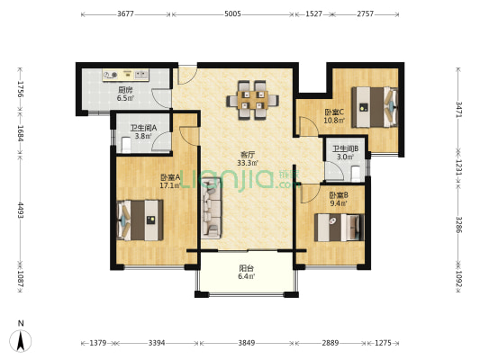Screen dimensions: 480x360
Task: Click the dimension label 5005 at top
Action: click(x=232, y=13)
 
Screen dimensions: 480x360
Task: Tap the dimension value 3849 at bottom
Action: click(x=247, y=343)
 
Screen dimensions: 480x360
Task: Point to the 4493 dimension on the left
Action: click(x=21, y=210)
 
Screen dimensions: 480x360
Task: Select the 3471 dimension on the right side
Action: click(x=458, y=109)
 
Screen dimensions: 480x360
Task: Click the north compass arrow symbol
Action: click(x=21, y=341)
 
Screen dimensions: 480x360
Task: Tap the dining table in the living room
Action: click(x=252, y=100)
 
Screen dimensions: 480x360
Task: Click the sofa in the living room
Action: click(x=212, y=208)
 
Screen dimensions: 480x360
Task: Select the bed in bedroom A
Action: click(x=140, y=220)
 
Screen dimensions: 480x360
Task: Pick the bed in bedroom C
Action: click(x=375, y=107)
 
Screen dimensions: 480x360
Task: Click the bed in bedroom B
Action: click(x=340, y=228)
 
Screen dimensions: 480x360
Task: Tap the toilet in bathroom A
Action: click(x=126, y=145)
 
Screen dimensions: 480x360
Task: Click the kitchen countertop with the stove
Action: click(x=126, y=75)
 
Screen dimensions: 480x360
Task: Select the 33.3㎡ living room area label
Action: click(x=248, y=163)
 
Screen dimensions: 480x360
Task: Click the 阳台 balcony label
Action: click(x=247, y=268)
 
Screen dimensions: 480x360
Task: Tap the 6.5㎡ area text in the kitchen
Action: click(x=125, y=98)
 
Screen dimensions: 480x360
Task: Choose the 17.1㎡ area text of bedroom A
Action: click(x=170, y=185)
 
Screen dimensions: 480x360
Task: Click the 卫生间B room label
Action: click(x=346, y=149)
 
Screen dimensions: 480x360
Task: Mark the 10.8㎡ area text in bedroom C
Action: click(x=335, y=121)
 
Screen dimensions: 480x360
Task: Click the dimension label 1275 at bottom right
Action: click(x=383, y=343)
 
